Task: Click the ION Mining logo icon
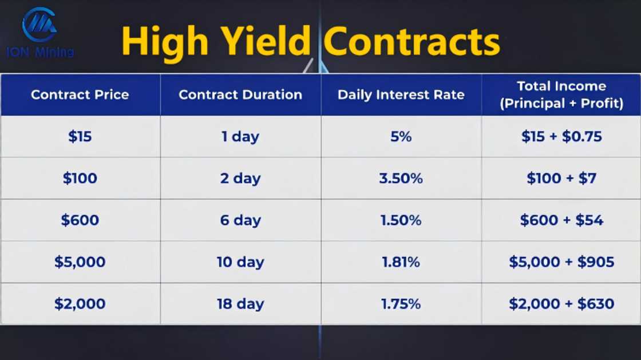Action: click(x=39, y=25)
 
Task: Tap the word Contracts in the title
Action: click(x=411, y=41)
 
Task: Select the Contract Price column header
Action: click(x=80, y=95)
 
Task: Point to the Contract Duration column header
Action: click(x=240, y=95)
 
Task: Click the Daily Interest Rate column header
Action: click(x=401, y=95)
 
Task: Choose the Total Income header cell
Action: click(x=561, y=95)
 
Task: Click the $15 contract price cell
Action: click(x=80, y=136)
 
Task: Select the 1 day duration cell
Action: click(x=240, y=136)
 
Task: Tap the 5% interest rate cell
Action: click(x=401, y=136)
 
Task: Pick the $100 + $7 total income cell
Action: click(x=561, y=178)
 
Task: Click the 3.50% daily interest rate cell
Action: click(x=401, y=178)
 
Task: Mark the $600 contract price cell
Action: click(x=80, y=220)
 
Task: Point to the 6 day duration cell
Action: click(x=240, y=220)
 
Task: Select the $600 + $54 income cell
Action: click(x=561, y=220)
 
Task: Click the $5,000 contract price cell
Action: click(x=80, y=262)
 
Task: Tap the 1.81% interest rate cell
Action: click(x=401, y=262)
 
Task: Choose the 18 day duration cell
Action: click(x=240, y=304)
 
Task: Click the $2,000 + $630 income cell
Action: click(x=561, y=304)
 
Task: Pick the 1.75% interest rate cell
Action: click(x=401, y=304)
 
